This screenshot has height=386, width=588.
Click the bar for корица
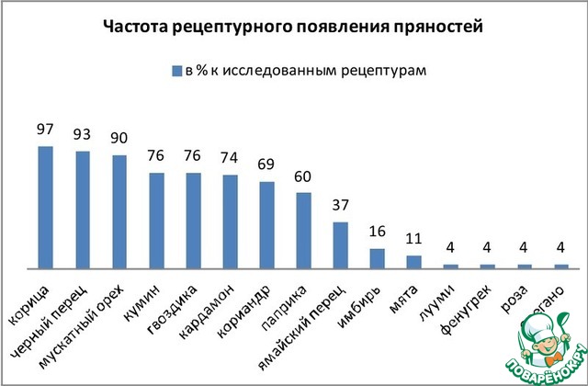coord(45,207)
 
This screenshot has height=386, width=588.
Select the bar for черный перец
coord(82,209)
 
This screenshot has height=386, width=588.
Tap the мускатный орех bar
coord(119,211)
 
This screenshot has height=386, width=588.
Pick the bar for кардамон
coord(230,221)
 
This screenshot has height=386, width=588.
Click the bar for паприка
coord(303,230)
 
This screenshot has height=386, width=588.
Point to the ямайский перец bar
coord(340,244)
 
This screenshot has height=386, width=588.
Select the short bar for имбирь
coord(377,257)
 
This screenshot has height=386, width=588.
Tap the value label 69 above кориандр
coord(266,165)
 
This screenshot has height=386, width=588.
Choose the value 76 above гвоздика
coord(192,156)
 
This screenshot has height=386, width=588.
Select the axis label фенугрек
coord(474,302)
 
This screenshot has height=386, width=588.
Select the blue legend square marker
coord(172,71)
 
